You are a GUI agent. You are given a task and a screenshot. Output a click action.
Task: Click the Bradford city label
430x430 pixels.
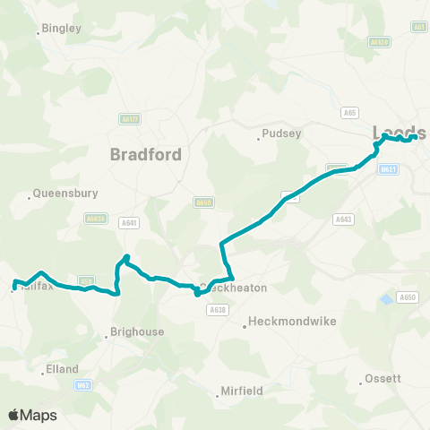pos(146,154)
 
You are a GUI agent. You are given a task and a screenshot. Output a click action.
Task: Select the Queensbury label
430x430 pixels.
pos(64,193)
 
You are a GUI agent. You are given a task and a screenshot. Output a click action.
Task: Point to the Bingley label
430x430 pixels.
pos(61,29)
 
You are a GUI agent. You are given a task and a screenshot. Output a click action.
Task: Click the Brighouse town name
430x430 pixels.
pos(136,332)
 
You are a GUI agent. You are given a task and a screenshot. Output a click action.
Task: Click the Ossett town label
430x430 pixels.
pos(383,379)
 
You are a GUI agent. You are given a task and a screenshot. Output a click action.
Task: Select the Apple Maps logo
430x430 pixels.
pos(32,416)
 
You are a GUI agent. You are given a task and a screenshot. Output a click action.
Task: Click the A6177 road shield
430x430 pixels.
pos(129,117)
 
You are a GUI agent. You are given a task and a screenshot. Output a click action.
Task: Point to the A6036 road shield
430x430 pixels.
pos(95,218)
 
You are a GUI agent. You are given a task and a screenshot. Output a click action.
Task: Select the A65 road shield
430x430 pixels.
pos(350,112)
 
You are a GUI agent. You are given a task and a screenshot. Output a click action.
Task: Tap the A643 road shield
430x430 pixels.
pos(342,219)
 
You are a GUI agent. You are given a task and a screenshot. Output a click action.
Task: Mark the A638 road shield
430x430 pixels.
pos(216,310)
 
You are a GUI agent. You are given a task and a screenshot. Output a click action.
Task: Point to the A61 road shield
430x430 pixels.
pos(418,28)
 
